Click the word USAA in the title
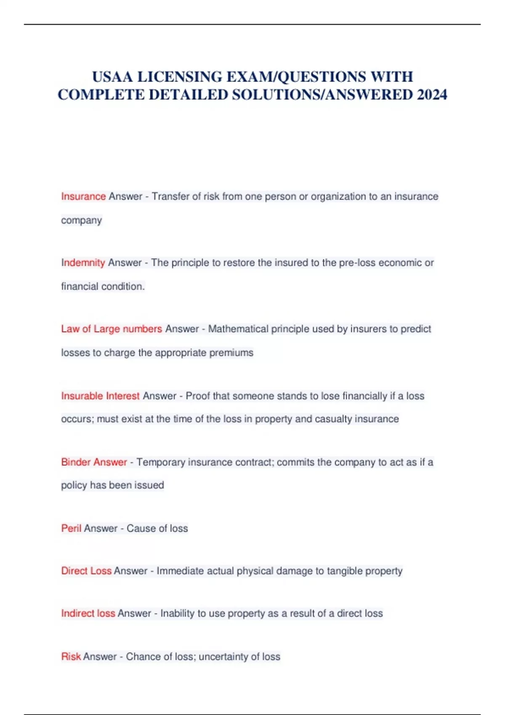113,77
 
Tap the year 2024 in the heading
432,95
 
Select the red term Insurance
83,196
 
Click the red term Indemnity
83,263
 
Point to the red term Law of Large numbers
112,329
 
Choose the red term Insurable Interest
100,396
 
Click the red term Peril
71,528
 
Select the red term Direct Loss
86,571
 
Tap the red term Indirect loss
88,613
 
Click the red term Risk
71,657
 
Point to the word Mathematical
238,329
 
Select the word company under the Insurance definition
81,220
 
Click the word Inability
177,613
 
